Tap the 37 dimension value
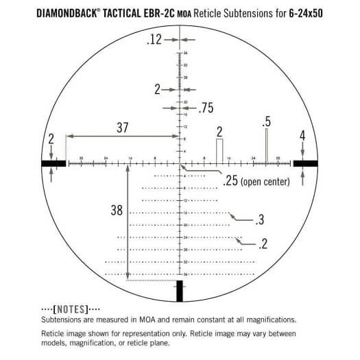(x=122, y=127)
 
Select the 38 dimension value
(x=117, y=211)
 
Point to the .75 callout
(x=206, y=108)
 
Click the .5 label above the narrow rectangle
(x=266, y=122)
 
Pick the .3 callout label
(x=259, y=220)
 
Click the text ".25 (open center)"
(x=256, y=181)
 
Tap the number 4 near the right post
(x=302, y=136)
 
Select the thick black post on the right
(x=306, y=163)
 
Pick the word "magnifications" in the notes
(x=271, y=320)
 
